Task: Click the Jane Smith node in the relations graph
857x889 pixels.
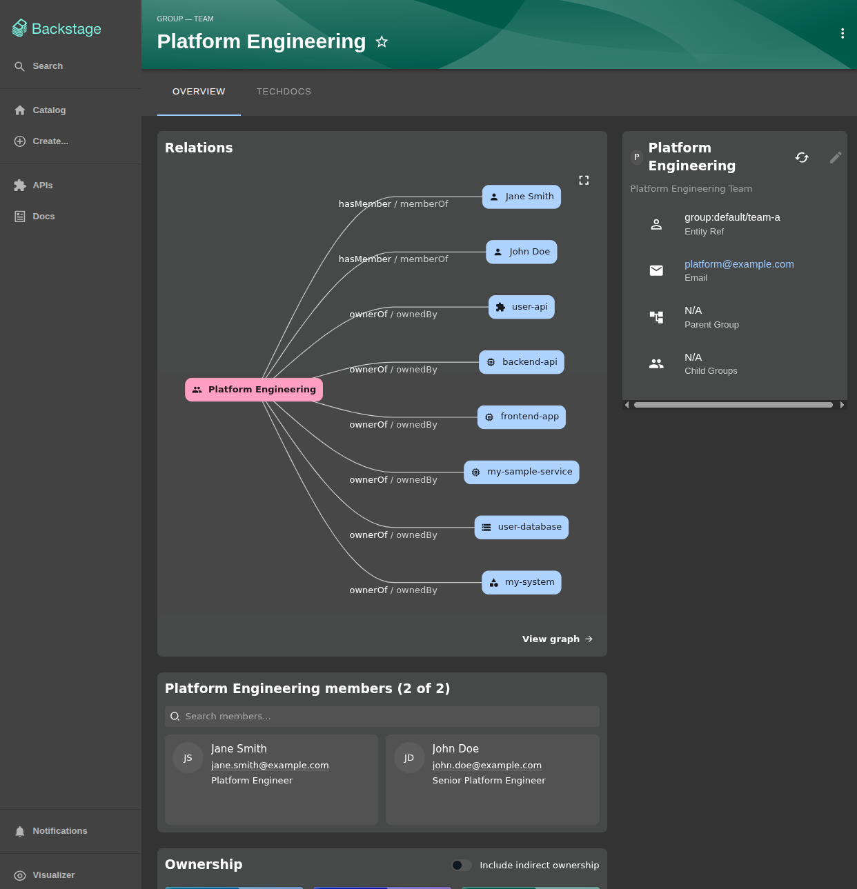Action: tap(521, 197)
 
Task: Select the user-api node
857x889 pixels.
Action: tap(521, 307)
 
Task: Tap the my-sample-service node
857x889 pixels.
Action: tap(521, 472)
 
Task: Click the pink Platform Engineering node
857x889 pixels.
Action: tap(254, 390)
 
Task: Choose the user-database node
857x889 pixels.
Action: tap(521, 527)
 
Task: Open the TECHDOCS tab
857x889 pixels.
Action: tap(284, 92)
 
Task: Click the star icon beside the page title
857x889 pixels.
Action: tap(382, 42)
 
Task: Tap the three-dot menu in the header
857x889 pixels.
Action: tap(843, 33)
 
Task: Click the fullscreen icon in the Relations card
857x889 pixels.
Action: tap(584, 181)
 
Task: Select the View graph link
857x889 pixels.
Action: tap(557, 639)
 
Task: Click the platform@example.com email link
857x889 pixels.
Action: tap(738, 264)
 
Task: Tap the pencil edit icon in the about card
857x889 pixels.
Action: tap(836, 158)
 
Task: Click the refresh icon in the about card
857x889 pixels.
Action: tap(802, 158)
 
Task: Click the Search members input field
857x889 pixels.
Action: tap(382, 717)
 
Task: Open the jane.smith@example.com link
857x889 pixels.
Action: tap(270, 765)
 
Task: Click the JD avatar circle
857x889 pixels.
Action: tap(409, 758)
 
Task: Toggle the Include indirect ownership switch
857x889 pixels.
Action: tap(461, 866)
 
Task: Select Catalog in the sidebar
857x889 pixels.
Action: tap(49, 110)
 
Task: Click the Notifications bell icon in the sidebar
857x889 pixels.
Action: tap(19, 832)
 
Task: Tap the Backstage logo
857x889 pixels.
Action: tap(57, 29)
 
